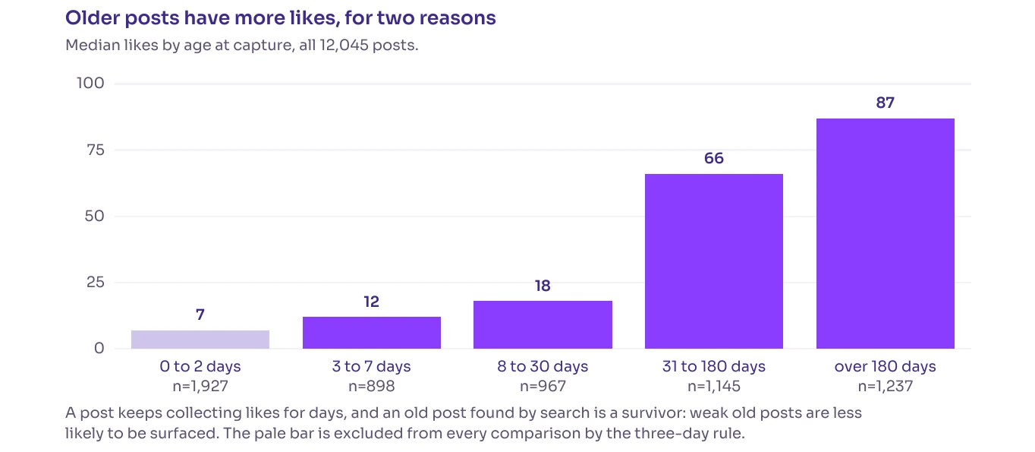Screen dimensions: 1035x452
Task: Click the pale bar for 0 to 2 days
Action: [200, 339]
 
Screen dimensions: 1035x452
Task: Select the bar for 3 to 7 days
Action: [372, 333]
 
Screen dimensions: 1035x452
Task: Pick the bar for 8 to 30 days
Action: [543, 325]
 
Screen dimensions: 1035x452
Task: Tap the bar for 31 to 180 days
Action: [714, 261]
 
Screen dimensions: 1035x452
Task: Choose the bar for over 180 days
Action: [886, 234]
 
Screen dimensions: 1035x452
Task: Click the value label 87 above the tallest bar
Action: [886, 103]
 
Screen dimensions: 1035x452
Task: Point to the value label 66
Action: [714, 158]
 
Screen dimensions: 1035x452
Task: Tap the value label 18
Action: [543, 286]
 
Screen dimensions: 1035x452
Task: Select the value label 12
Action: [372, 302]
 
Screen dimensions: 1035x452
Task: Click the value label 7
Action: [200, 315]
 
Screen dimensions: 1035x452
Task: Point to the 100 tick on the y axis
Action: [90, 84]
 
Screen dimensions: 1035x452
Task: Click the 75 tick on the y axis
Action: [96, 150]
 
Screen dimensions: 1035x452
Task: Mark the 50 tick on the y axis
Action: [95, 216]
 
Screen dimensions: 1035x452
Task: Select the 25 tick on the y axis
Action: [96, 282]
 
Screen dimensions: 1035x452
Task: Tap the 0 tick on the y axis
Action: [99, 349]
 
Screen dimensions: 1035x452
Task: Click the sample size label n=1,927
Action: [200, 387]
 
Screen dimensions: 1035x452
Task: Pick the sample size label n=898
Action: [372, 387]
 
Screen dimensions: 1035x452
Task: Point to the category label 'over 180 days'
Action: [886, 366]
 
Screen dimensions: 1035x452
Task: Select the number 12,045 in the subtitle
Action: [344, 46]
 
